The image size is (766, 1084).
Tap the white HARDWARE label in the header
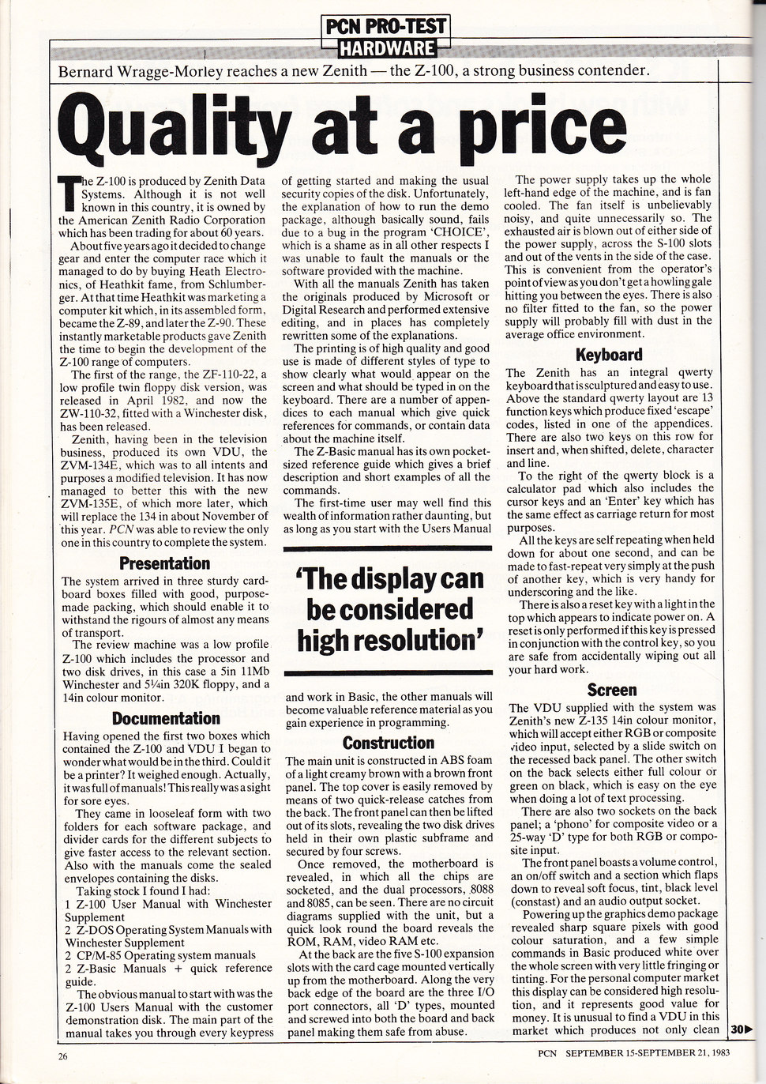point(387,49)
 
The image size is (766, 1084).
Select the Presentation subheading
point(164,563)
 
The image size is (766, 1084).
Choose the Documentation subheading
point(166,718)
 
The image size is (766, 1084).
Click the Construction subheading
point(389,743)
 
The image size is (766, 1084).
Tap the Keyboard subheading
point(609,355)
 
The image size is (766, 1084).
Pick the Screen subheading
point(611,690)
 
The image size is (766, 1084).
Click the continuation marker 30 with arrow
point(741,1029)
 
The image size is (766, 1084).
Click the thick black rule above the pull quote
point(388,548)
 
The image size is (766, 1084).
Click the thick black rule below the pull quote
point(388,672)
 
